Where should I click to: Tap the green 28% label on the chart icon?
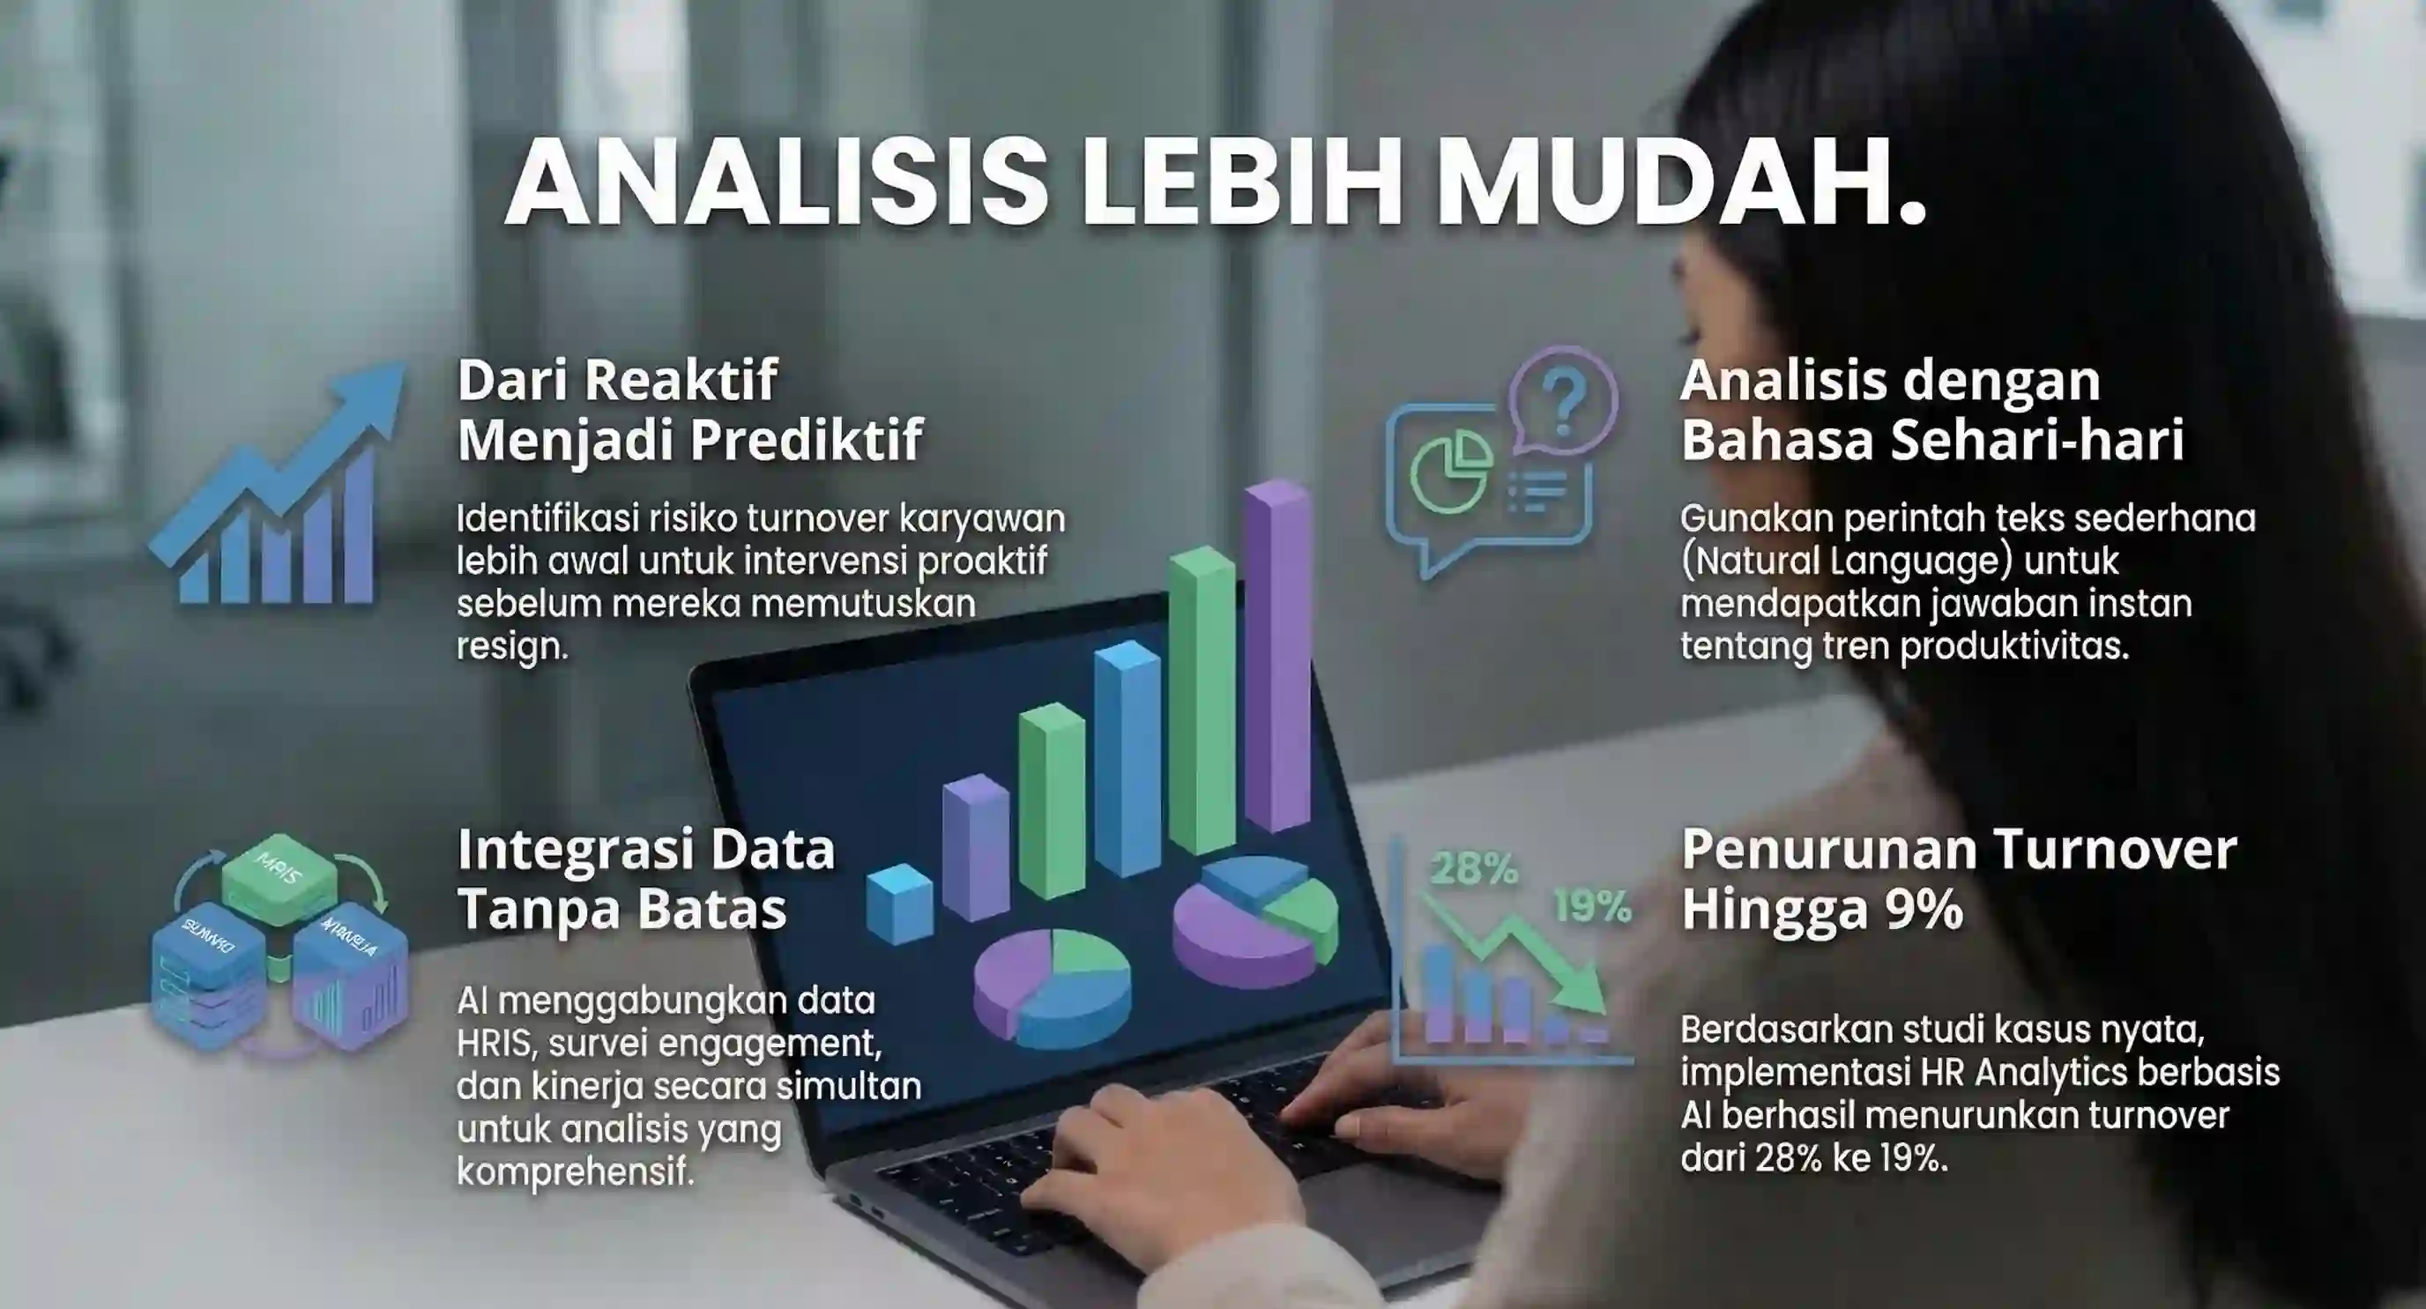(x=1473, y=868)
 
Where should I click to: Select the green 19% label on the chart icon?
(x=1590, y=906)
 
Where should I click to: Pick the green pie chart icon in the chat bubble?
(x=1450, y=471)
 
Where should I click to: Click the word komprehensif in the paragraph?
(x=575, y=1171)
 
